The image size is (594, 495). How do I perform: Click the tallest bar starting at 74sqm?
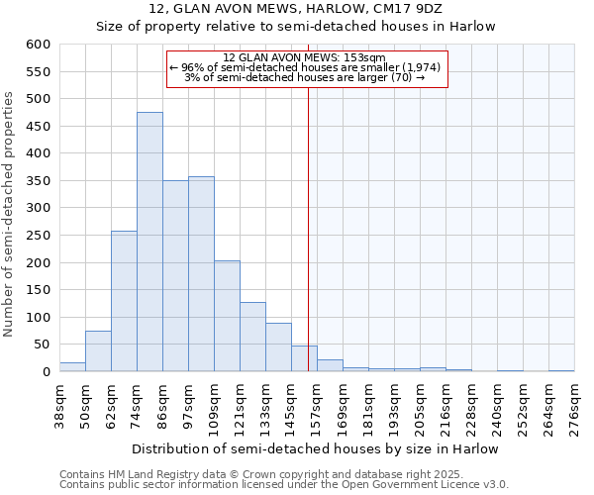point(149,242)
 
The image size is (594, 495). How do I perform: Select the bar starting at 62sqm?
point(124,301)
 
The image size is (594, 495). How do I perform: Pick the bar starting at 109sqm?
point(227,316)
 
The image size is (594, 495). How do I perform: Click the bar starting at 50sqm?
point(98,351)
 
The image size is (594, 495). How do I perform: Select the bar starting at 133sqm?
point(278,347)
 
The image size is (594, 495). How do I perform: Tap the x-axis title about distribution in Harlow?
point(315,448)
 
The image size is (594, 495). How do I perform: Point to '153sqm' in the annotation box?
point(366,58)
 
